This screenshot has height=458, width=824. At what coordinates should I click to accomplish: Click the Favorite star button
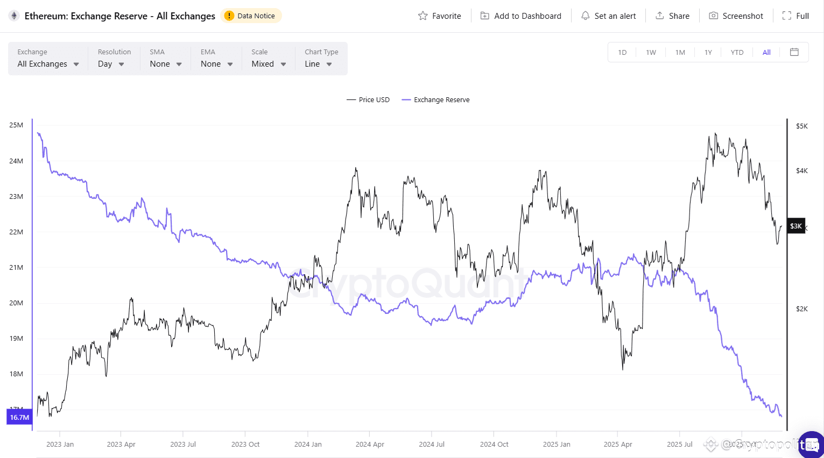[440, 16]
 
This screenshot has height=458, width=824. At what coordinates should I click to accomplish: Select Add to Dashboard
[520, 16]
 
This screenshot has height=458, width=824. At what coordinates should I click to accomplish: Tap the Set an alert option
[608, 16]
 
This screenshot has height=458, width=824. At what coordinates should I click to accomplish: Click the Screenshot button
[736, 16]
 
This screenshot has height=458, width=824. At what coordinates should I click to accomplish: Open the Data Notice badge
[251, 16]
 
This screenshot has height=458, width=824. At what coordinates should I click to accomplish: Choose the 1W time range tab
[651, 52]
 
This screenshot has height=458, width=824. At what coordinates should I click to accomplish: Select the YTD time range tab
[737, 52]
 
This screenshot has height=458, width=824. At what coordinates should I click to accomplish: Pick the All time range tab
[766, 52]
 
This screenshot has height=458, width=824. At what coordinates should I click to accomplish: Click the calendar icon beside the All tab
[794, 52]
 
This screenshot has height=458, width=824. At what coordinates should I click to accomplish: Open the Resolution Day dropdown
[111, 64]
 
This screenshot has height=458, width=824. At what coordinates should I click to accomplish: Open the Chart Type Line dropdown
[318, 64]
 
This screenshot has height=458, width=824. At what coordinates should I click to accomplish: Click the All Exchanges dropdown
[48, 64]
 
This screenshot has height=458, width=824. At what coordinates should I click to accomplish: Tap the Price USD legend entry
[368, 100]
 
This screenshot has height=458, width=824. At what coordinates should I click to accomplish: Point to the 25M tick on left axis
[16, 125]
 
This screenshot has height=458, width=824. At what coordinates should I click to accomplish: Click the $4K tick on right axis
[801, 171]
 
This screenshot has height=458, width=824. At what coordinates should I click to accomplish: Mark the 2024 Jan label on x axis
[308, 445]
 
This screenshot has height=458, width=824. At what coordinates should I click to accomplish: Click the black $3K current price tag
[795, 226]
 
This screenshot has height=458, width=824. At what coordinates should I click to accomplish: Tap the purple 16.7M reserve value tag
[19, 417]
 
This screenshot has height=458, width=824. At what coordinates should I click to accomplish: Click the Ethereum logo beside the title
[14, 16]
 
